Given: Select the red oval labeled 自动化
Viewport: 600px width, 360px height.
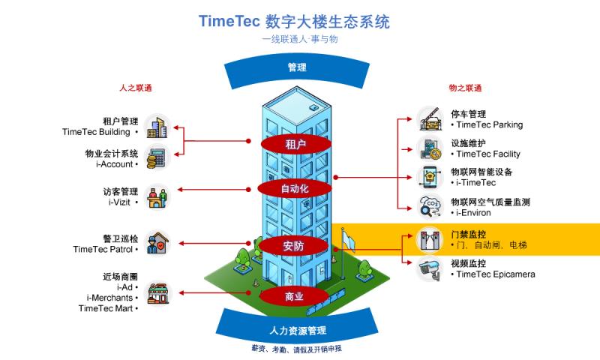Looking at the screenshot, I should click(295, 188).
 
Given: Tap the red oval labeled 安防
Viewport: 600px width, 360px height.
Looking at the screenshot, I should click(295, 246).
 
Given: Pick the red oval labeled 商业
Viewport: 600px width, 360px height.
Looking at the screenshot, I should click(295, 297).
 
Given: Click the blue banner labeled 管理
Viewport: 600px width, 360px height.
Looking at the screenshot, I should click(297, 68).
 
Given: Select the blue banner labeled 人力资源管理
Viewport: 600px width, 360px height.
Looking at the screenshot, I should click(297, 330).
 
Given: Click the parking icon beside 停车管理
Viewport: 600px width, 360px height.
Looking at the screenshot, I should click(430, 119).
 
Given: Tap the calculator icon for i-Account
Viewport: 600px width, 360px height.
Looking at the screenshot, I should click(157, 159).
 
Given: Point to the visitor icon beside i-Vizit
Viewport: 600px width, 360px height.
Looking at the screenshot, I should click(157, 196).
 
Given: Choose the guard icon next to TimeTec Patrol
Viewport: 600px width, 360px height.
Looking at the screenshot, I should click(157, 243).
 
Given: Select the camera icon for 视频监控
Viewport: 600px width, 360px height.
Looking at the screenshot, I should click(430, 268).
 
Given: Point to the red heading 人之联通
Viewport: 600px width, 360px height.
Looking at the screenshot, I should click(135, 88).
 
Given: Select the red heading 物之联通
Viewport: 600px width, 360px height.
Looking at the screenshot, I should click(465, 88).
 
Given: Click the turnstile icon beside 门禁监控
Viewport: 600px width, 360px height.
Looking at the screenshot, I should click(430, 239).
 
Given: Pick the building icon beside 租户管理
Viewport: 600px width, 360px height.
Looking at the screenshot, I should click(157, 126).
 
